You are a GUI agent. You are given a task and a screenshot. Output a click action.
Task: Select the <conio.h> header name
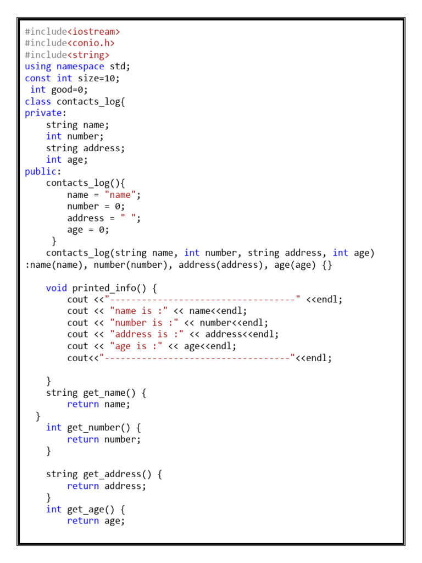91,43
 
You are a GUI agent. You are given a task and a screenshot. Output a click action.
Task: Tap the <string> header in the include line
88,55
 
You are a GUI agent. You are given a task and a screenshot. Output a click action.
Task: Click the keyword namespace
80,67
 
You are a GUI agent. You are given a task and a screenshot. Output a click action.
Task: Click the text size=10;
99,78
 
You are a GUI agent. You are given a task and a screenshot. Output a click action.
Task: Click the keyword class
38,102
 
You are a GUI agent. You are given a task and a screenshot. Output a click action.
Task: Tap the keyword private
43,113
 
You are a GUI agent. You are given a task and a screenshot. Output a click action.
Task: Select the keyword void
57,288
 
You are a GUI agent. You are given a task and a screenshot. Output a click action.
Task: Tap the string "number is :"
144,323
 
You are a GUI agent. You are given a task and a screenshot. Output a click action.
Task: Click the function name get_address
115,474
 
